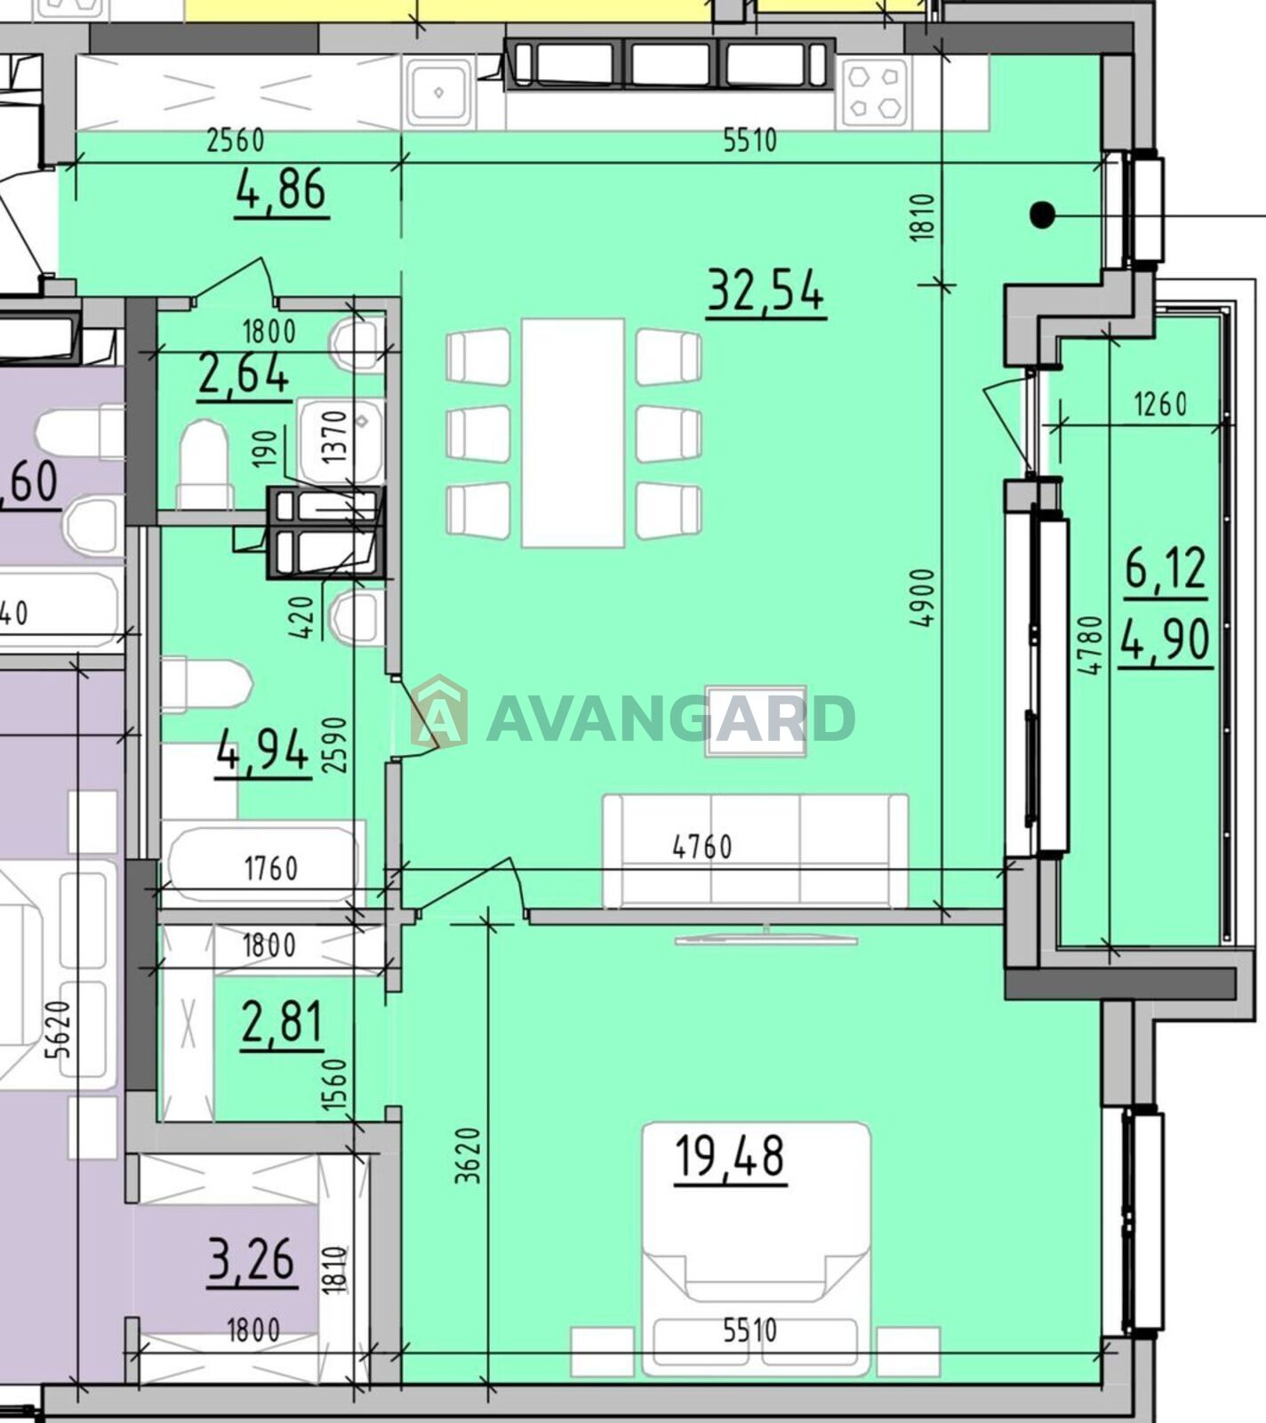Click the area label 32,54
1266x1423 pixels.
coord(765,291)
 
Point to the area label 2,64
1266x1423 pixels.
coord(244,374)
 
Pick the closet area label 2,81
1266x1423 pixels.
coord(282,1023)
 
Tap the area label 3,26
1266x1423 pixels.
coord(252,1259)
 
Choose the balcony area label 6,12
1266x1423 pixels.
coord(1166,568)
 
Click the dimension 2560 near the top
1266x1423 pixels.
coord(236,141)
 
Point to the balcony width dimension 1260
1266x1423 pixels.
coord(1161,405)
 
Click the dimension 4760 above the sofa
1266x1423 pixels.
coord(702,847)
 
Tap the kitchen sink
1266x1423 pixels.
coord(439,92)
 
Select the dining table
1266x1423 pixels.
coord(573,432)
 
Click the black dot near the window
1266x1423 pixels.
coord(1042,214)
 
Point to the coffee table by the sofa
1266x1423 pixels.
coord(756,721)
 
